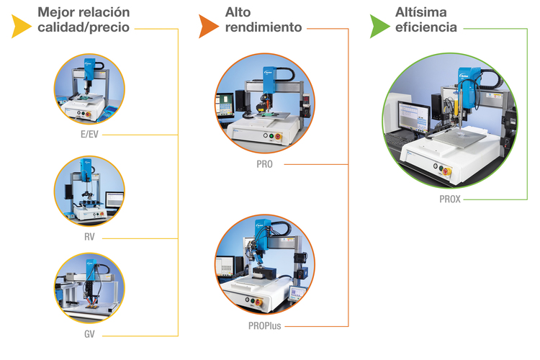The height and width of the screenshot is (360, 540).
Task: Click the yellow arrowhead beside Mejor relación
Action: (20, 26)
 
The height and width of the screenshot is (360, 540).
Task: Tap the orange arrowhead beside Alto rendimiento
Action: (207, 26)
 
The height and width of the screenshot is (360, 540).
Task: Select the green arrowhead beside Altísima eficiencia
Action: (379, 26)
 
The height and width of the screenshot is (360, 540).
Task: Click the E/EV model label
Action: (89, 135)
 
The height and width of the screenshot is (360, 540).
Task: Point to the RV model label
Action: (89, 237)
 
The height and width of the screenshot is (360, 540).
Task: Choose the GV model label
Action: (89, 334)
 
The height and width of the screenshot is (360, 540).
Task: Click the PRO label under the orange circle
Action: (264, 164)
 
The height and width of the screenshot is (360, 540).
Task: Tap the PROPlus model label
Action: (264, 326)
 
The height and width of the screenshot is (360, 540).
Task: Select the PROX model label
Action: (450, 199)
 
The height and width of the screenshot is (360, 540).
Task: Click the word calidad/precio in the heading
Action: (84, 27)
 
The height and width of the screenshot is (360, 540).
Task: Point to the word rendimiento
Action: (264, 27)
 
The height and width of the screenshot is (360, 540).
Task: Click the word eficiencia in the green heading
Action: (426, 27)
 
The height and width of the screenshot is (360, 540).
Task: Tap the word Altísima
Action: (421, 12)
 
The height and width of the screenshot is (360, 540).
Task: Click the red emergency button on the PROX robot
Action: (446, 171)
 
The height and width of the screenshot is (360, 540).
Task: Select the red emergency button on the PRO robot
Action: (278, 137)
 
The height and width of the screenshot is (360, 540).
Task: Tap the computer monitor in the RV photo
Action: (114, 200)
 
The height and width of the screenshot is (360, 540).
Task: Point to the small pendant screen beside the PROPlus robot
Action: (297, 294)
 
